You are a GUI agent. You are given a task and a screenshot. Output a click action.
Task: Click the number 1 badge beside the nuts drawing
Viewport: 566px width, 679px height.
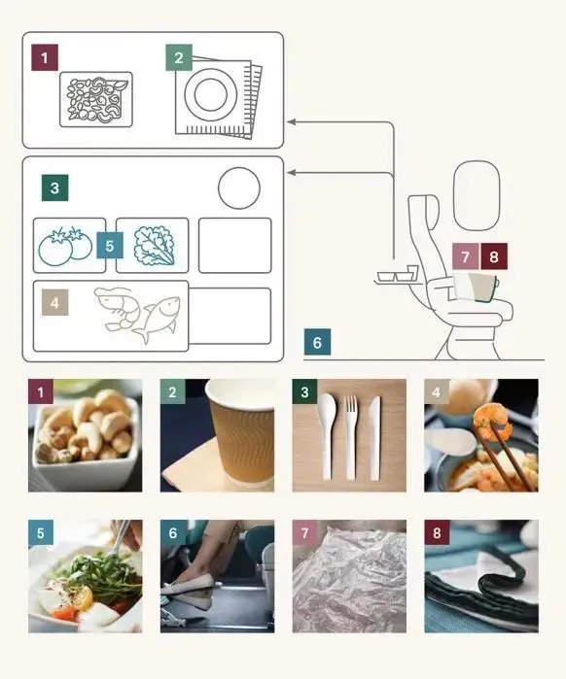[44, 57]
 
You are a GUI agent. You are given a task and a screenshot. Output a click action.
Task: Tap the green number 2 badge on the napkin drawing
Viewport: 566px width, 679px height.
[179, 57]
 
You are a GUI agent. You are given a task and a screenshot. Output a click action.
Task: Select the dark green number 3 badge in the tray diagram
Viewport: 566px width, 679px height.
[54, 187]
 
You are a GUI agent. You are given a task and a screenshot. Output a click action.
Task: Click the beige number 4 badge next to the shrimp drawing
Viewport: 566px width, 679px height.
[54, 302]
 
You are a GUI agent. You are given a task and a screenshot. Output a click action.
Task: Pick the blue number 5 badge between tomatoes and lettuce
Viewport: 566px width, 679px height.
[110, 246]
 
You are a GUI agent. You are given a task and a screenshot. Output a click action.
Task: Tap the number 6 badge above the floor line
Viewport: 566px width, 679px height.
[317, 342]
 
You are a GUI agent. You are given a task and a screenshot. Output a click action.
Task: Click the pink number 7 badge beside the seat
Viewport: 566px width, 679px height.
[466, 256]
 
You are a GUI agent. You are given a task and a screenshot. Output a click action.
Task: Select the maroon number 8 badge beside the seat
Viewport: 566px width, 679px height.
[494, 256]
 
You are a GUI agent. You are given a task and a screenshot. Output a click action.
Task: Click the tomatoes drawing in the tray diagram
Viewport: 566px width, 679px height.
[65, 245]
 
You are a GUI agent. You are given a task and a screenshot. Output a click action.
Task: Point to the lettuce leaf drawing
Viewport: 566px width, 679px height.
[155, 245]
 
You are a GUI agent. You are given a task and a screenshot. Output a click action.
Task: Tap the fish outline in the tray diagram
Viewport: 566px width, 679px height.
[158, 319]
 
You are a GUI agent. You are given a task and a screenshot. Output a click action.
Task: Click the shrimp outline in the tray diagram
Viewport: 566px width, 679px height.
[117, 308]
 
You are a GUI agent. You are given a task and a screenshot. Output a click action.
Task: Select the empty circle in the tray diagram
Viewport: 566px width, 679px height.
[239, 188]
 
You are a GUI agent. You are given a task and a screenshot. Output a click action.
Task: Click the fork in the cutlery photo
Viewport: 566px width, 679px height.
[351, 437]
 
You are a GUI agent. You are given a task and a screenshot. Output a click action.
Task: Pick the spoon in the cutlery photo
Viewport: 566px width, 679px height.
[327, 436]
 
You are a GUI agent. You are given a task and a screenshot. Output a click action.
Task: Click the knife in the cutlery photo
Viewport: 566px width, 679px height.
[374, 437]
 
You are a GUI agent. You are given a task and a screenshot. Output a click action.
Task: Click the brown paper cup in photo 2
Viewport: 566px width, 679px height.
[240, 434]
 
